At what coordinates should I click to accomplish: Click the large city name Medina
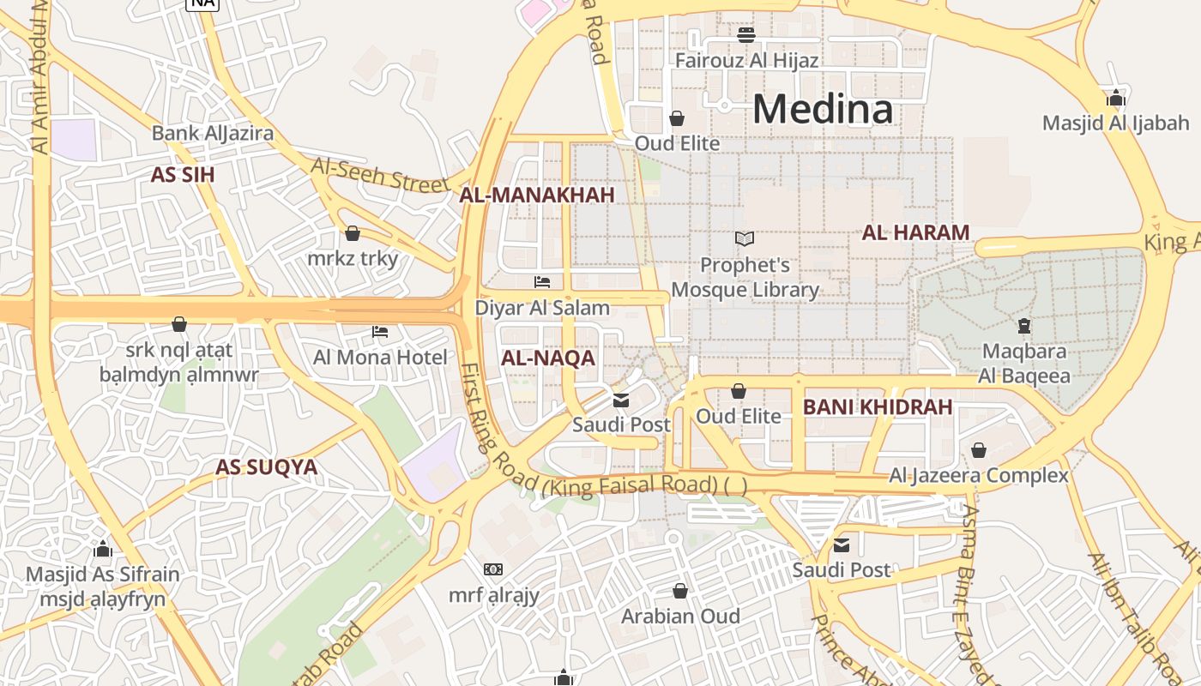pos(823,109)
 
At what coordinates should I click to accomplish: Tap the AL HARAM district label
pos(915,232)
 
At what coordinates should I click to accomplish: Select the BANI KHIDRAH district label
pos(878,407)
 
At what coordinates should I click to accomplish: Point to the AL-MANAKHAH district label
pos(537,196)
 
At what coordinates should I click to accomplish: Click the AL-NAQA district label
pos(548,358)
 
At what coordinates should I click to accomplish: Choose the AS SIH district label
pos(183,175)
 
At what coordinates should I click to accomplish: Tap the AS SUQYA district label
pos(266,467)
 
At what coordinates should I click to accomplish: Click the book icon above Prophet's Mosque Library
pos(745,239)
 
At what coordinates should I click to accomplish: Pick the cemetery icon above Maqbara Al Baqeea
pos(1023,326)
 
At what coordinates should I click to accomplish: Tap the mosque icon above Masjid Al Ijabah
pos(1116,98)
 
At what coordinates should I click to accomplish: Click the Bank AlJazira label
pos(213,133)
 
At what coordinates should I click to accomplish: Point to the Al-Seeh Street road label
pos(380,174)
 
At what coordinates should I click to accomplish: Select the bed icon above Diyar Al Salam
pos(542,281)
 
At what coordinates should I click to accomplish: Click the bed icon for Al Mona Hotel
pos(380,332)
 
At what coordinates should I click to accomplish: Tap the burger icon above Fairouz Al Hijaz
pos(746,35)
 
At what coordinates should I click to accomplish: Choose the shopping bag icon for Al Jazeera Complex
pos(979,450)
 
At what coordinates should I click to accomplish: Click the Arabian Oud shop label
pos(680,616)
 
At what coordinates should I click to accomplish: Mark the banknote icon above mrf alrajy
pos(493,569)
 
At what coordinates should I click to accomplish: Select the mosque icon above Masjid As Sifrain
pos(103,549)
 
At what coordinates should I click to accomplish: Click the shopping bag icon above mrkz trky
pos(353,233)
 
